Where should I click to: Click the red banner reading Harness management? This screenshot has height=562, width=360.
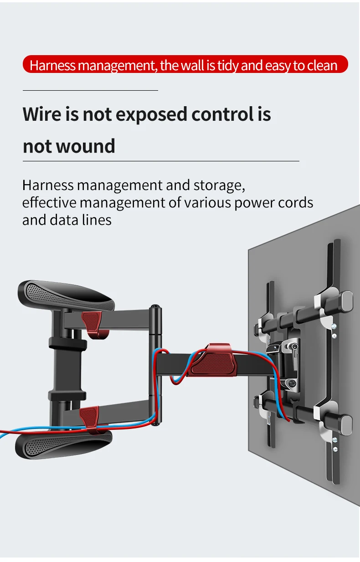coord(185,65)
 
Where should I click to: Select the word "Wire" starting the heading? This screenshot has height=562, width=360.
coord(41,114)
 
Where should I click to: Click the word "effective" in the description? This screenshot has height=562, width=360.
coord(49,202)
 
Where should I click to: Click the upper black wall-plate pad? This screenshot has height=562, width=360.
coord(67,295)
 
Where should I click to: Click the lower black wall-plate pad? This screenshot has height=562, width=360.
coord(63,444)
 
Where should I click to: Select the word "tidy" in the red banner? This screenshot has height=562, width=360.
coord(227,66)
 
